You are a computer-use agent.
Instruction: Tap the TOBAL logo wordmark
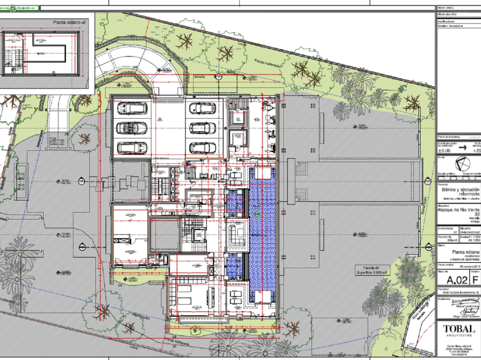click(458, 328)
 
